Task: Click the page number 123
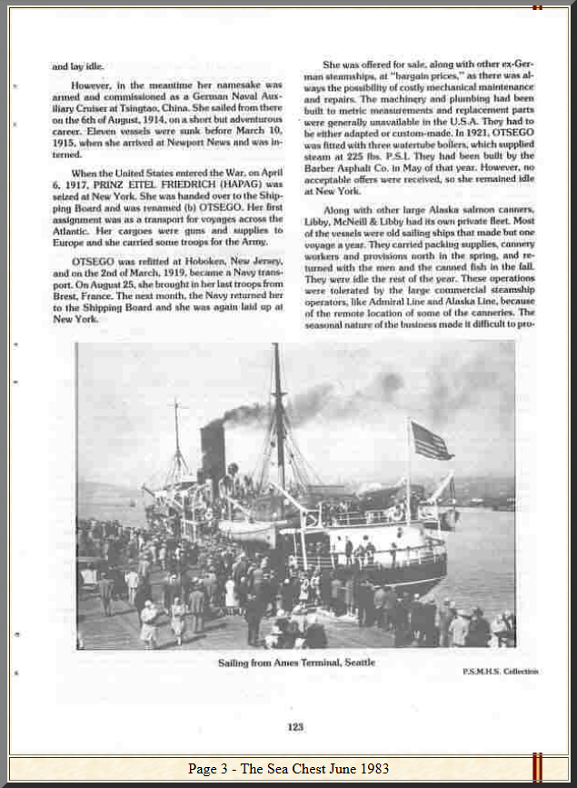point(294,726)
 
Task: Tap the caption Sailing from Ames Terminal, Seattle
point(296,663)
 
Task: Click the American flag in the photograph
point(430,441)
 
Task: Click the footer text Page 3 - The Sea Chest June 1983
point(288,769)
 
